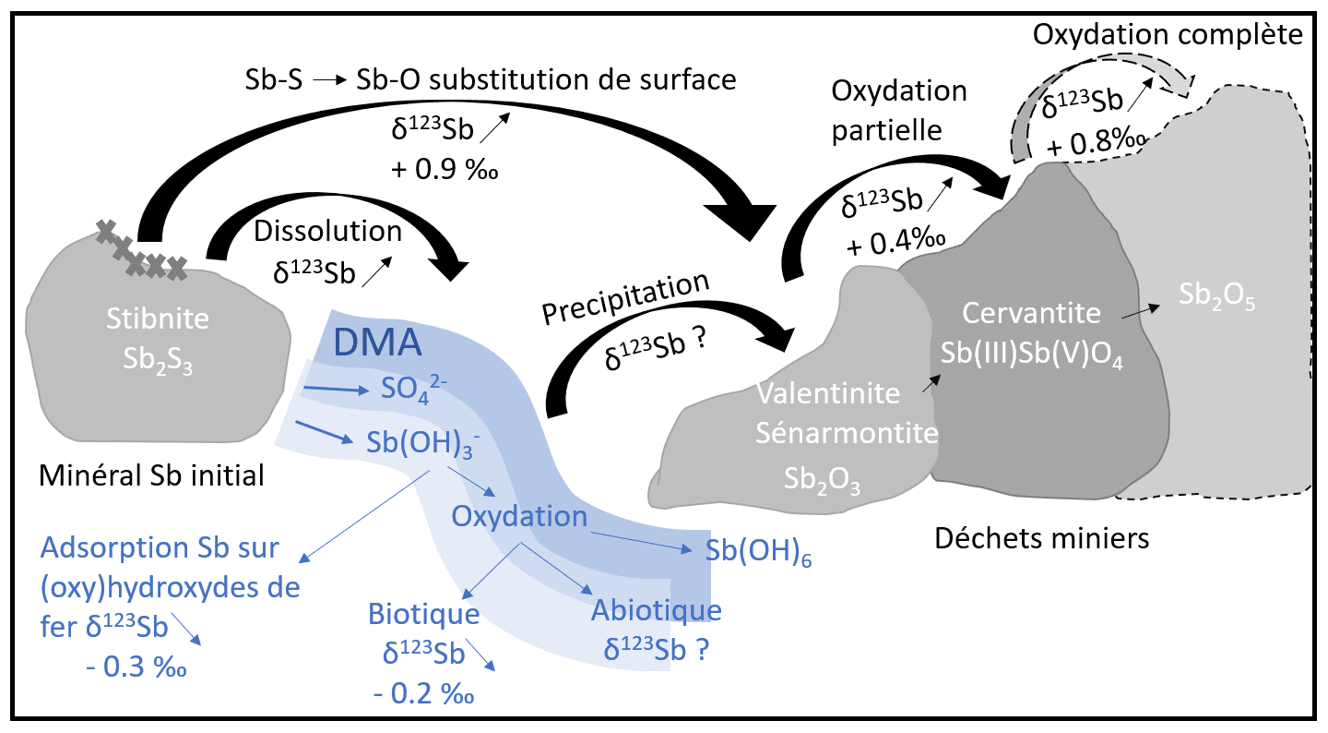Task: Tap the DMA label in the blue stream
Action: pyautogui.click(x=376, y=344)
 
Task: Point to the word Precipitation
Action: pyautogui.click(x=627, y=299)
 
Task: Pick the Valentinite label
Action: pyautogui.click(x=827, y=394)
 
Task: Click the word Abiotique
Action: pyautogui.click(x=657, y=610)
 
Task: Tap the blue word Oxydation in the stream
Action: pyautogui.click(x=519, y=516)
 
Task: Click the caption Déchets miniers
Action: pyautogui.click(x=1042, y=537)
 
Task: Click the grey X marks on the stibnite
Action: pyautogui.click(x=143, y=251)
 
